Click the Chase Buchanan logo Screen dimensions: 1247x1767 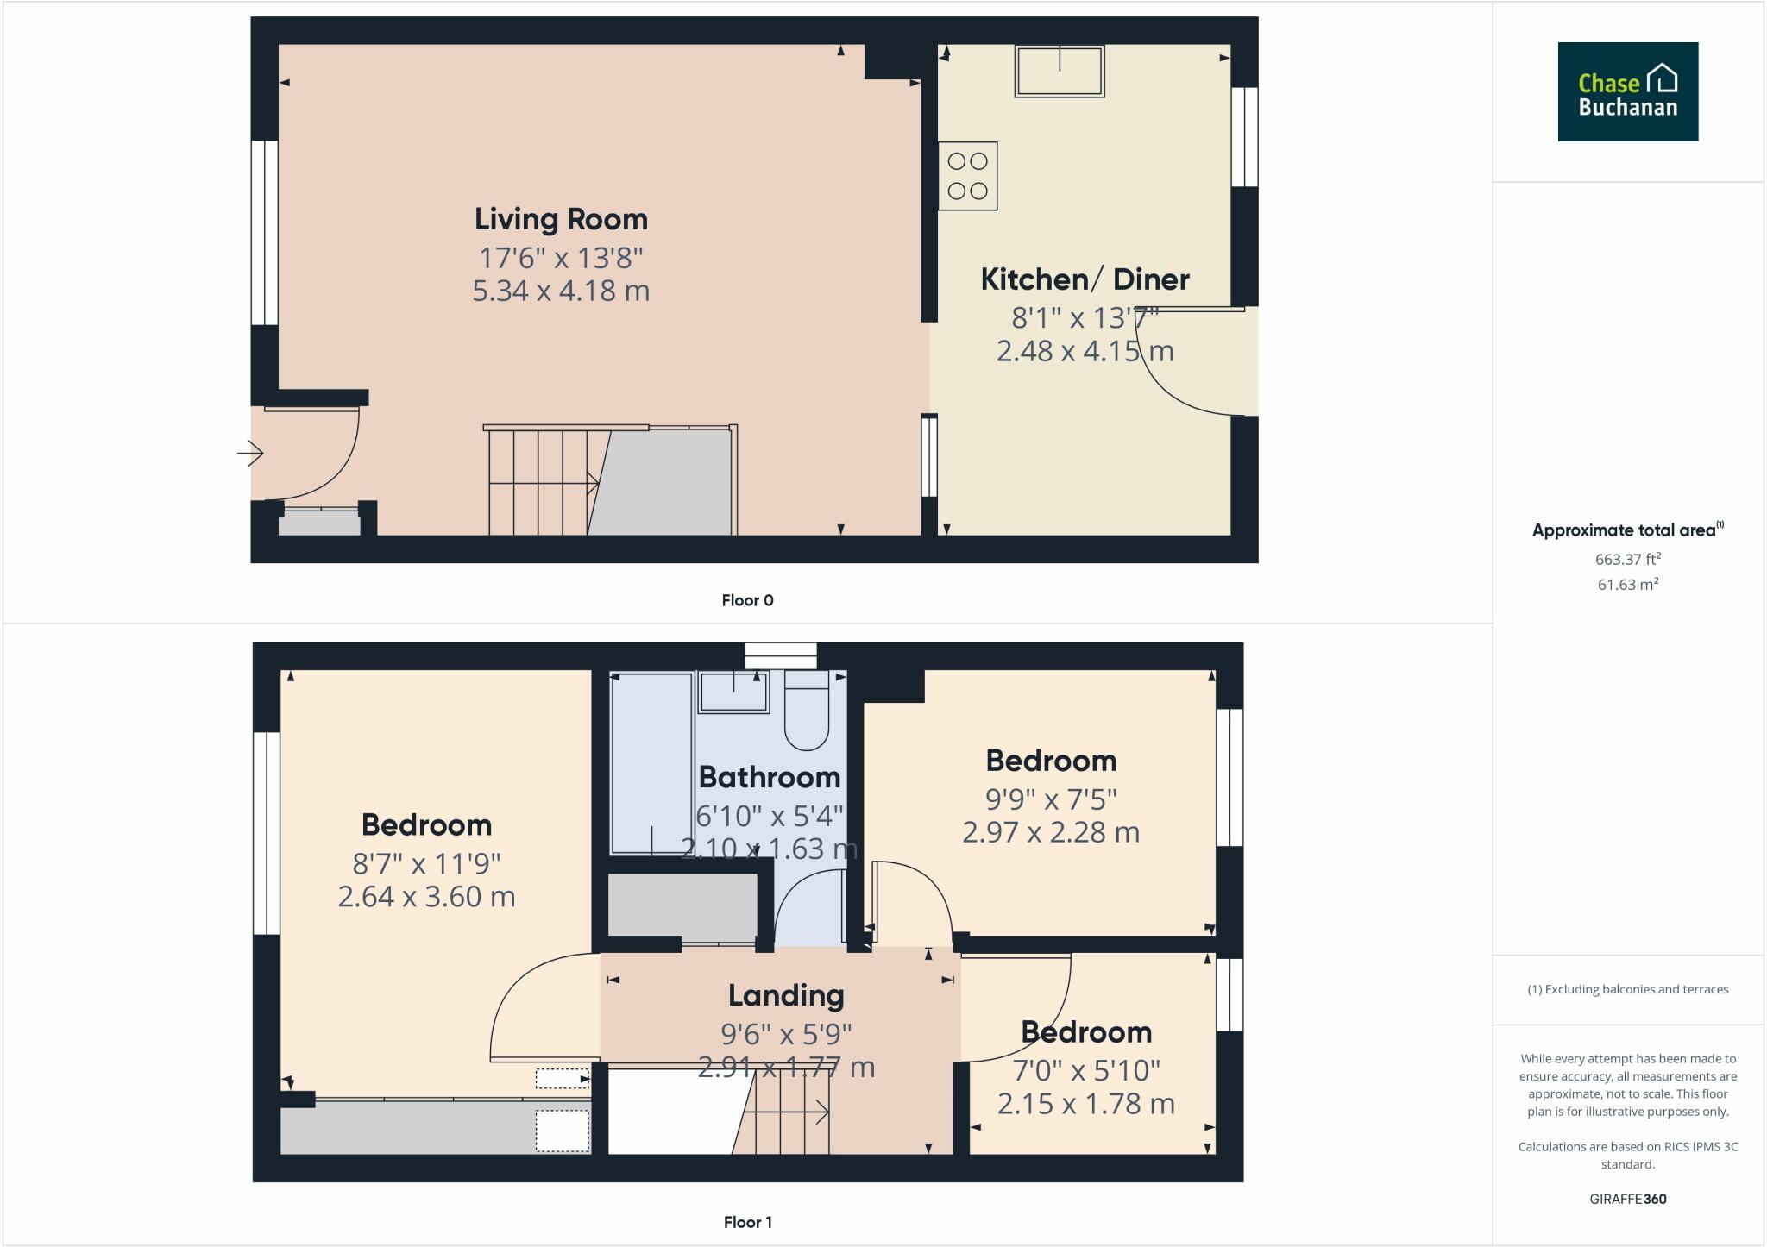(x=1627, y=91)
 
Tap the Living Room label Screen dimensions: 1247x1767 (x=561, y=219)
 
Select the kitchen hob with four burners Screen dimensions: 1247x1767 (x=967, y=176)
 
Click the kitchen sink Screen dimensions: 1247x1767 (x=1059, y=71)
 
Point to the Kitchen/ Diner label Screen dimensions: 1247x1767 (x=1085, y=279)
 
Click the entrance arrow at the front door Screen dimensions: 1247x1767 (x=250, y=453)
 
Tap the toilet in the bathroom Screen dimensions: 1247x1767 (x=806, y=711)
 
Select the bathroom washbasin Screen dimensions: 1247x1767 (x=733, y=692)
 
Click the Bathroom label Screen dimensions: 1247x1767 (x=769, y=777)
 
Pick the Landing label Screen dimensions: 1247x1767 (x=785, y=995)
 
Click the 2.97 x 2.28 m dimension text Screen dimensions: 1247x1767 (x=1050, y=832)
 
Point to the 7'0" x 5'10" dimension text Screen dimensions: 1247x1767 (x=1085, y=1070)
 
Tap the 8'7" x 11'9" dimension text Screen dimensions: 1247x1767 (x=426, y=863)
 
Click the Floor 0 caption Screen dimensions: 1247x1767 (x=747, y=600)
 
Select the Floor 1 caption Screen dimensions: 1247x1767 (x=747, y=1222)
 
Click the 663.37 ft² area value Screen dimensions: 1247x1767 (x=1627, y=559)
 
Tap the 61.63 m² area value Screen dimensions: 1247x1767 (x=1627, y=585)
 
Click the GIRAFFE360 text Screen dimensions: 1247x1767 (x=1627, y=1199)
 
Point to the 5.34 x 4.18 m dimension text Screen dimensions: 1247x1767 (x=561, y=291)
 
